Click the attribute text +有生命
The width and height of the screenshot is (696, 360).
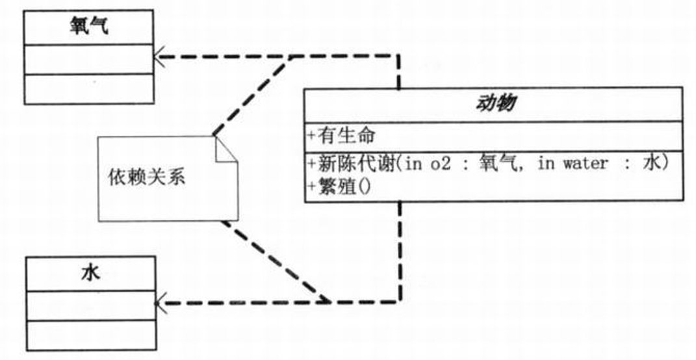click(341, 136)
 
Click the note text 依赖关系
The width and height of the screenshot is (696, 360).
click(147, 177)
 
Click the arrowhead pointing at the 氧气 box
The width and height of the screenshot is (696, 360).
click(159, 57)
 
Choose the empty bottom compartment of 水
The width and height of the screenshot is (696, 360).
click(90, 335)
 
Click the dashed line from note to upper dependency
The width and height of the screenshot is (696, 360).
click(251, 96)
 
